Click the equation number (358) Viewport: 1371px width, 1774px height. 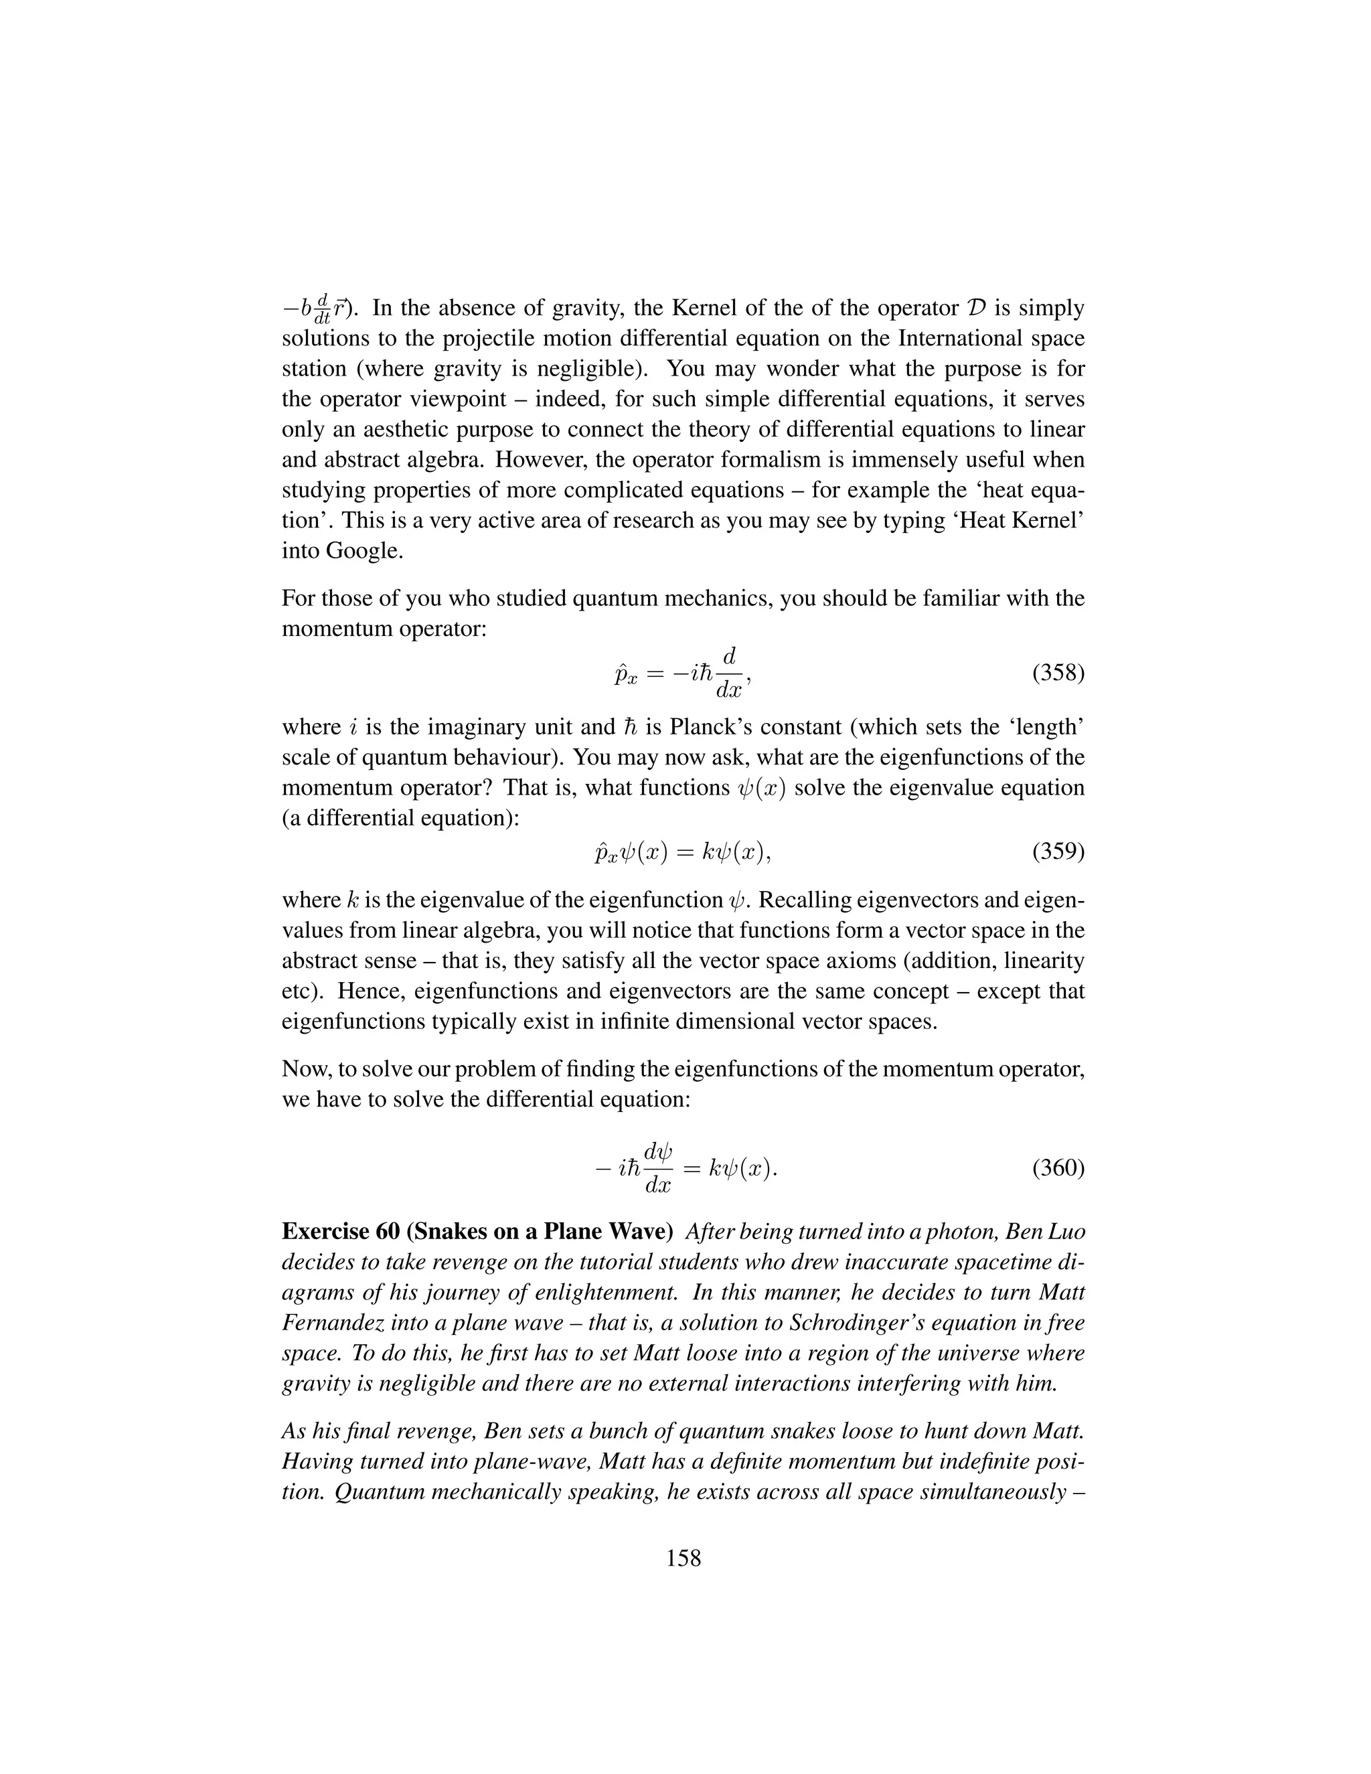(x=1058, y=674)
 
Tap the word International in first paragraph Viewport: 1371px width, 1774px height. (x=913, y=339)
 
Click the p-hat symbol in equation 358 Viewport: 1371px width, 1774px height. (x=624, y=674)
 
